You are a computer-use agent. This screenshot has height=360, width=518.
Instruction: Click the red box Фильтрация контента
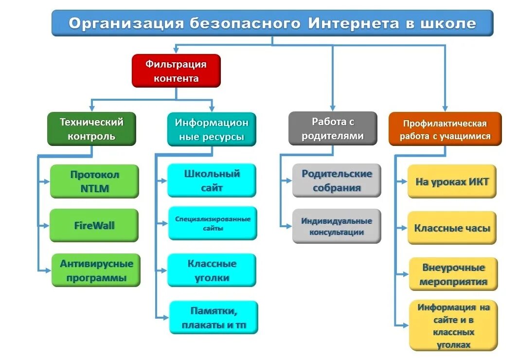(x=176, y=71)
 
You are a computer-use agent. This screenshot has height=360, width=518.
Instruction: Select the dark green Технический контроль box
(x=91, y=129)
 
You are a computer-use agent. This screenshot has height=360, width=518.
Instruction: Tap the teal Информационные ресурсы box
(x=212, y=129)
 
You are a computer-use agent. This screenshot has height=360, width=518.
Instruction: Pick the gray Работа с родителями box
(x=333, y=128)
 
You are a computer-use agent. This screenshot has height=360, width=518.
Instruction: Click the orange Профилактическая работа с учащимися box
(x=445, y=129)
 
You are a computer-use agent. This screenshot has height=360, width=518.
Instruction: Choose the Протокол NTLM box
(x=94, y=181)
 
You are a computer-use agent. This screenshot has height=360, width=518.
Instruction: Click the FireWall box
(x=94, y=226)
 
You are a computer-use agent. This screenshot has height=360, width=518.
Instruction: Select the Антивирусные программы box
(x=96, y=270)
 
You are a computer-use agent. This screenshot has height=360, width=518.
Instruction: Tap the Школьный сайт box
(x=212, y=180)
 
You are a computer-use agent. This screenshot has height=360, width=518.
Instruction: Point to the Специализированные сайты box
(x=213, y=223)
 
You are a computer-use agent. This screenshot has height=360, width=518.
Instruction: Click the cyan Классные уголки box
(x=212, y=270)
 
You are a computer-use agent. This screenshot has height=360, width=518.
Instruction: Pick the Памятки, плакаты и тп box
(x=214, y=318)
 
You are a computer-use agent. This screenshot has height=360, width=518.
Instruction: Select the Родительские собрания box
(x=337, y=180)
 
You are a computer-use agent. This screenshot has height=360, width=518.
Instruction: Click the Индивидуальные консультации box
(x=337, y=226)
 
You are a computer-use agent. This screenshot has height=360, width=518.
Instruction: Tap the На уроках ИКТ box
(x=452, y=182)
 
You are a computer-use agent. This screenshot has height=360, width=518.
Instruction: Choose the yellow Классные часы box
(x=452, y=228)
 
